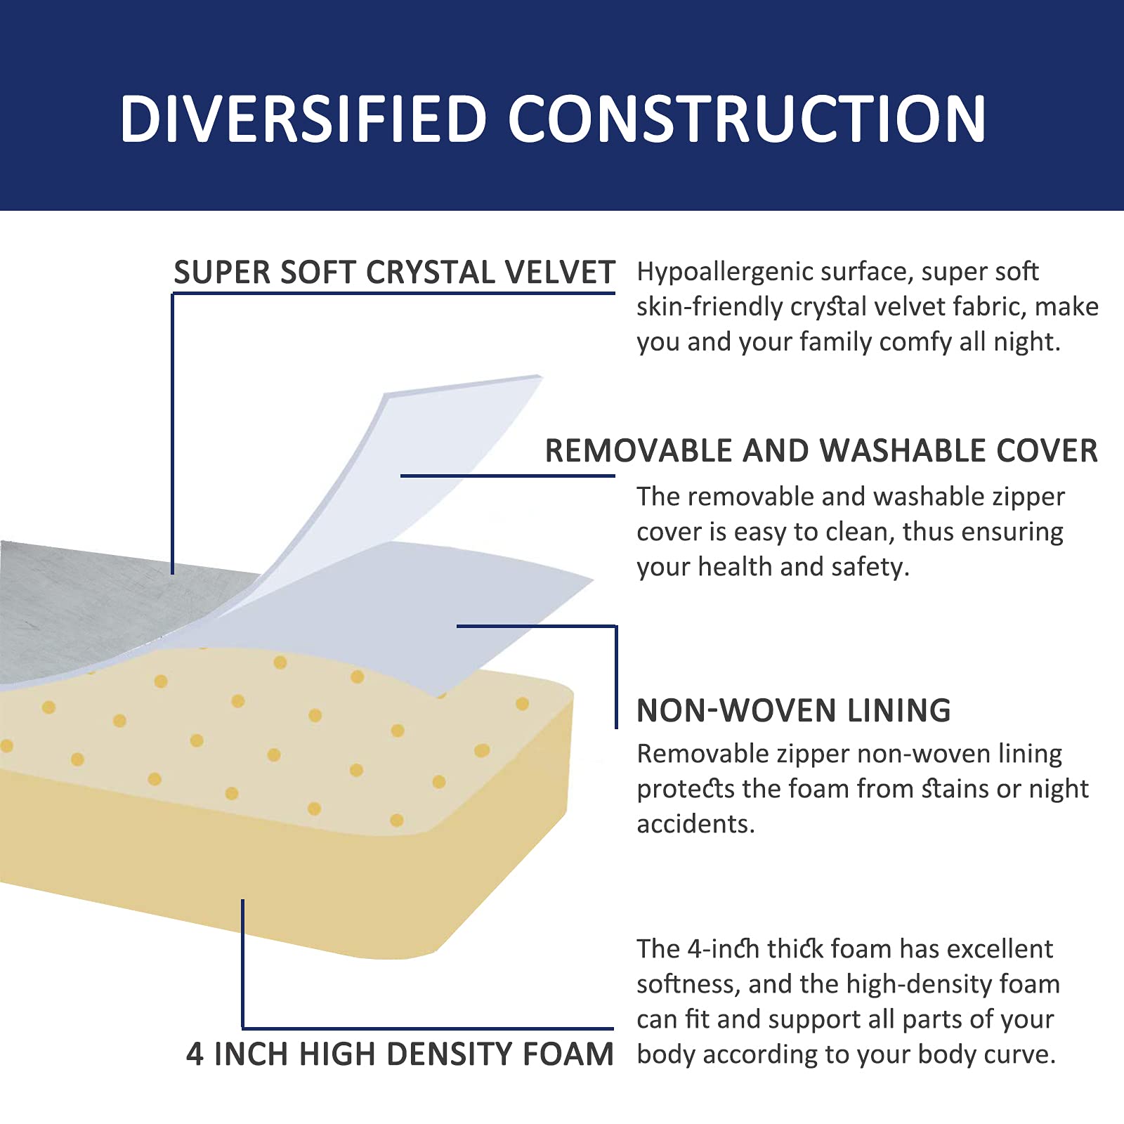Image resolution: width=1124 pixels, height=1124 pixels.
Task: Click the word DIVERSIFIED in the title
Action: [303, 119]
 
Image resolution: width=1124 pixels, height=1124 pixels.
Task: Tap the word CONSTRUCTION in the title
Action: [747, 119]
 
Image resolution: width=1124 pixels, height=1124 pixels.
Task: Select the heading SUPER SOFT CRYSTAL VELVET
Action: [394, 273]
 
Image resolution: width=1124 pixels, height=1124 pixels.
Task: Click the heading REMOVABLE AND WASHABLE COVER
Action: [821, 451]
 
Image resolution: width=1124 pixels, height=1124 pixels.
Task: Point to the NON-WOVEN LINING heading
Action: [793, 711]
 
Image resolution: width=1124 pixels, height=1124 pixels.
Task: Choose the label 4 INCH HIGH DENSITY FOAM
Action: [400, 1054]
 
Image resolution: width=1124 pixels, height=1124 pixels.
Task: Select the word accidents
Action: [695, 824]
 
